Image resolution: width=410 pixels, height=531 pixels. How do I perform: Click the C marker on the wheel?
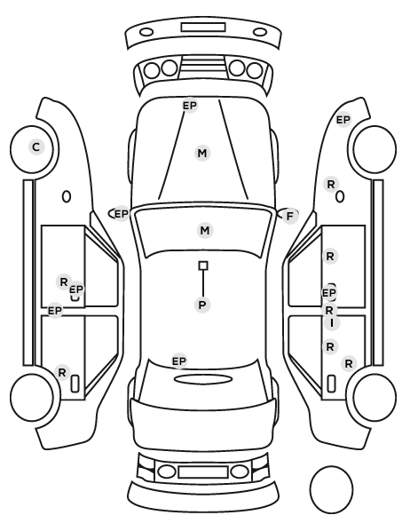[36, 147]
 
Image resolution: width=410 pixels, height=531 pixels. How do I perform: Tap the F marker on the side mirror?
[289, 216]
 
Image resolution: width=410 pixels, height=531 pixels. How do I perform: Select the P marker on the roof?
[202, 305]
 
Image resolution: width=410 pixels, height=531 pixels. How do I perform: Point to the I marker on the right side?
[332, 322]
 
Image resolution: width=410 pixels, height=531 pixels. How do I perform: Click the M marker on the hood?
[202, 153]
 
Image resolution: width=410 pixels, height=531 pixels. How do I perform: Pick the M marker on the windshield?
[205, 230]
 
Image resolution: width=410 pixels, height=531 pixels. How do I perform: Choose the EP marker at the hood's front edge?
[190, 106]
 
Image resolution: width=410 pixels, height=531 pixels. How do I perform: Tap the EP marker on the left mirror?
[122, 214]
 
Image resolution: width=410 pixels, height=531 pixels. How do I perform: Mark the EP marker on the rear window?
[179, 361]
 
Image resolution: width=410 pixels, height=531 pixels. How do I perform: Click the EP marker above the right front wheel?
[343, 120]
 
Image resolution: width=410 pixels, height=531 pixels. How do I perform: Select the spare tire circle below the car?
[331, 489]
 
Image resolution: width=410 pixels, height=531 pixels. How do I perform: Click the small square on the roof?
[203, 265]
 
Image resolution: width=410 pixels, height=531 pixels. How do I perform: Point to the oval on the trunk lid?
[203, 379]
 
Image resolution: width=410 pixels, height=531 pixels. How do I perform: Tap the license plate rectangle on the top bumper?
[203, 28]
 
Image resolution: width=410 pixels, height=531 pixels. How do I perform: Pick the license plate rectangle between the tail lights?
[203, 472]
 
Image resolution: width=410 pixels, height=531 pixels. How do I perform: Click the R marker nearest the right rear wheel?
[349, 364]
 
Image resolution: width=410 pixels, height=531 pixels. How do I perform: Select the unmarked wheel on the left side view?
[32, 397]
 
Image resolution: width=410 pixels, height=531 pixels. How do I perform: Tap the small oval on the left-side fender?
[67, 196]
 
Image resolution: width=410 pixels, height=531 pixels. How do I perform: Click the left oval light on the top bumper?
[146, 32]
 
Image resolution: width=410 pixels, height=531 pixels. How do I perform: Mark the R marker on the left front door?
[64, 281]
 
